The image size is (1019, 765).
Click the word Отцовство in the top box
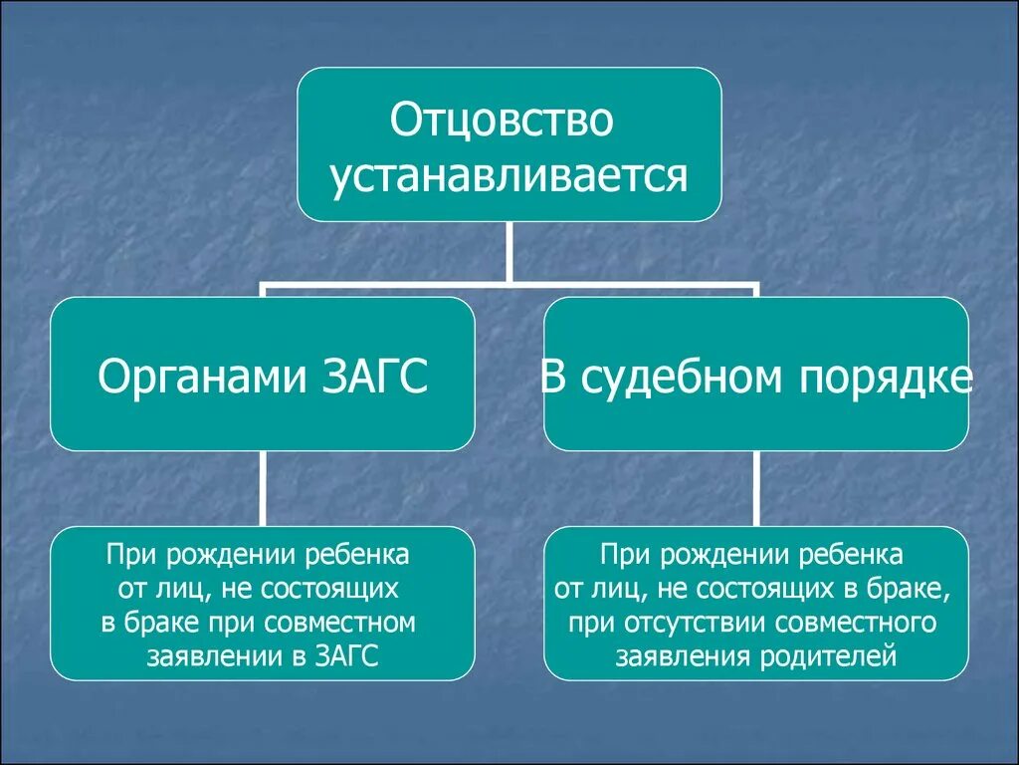[502, 121]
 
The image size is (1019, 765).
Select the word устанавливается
[509, 175]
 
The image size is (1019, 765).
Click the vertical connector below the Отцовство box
[509, 252]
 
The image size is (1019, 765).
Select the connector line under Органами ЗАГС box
[263, 488]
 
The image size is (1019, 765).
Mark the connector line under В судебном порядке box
[756, 488]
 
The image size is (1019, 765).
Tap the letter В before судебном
[553, 378]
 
